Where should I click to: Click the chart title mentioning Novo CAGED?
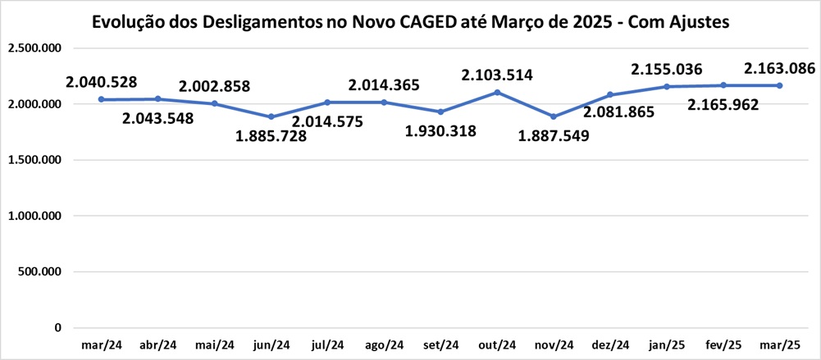coord(411,22)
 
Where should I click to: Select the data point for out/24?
coord(497,92)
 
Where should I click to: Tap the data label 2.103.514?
coord(497,75)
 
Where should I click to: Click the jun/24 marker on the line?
coord(271,116)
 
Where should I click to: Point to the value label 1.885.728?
coord(271,136)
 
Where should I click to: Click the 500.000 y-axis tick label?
coord(39,271)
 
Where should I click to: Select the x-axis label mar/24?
coord(102,344)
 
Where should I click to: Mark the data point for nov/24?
coord(554,116)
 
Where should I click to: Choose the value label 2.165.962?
coord(723,104)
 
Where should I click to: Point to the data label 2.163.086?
coord(779,68)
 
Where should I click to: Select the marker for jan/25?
coord(667,86)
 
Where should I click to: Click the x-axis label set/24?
coord(440,344)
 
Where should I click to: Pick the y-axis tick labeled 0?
coord(57,327)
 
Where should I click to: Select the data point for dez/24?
coord(610,94)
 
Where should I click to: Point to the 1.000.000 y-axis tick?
coord(34,216)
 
